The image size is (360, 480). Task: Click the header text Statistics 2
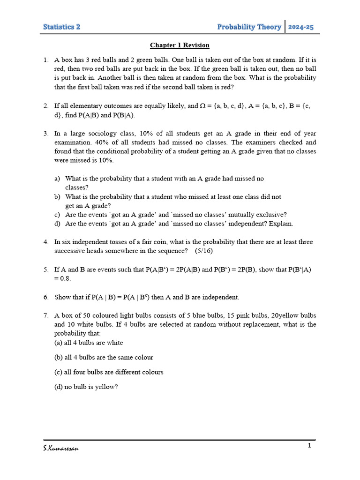point(61,27)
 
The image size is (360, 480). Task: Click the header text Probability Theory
point(249,27)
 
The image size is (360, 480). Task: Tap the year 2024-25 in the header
point(301,27)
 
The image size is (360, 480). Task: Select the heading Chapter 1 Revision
point(180,45)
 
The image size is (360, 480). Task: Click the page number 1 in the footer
point(309,445)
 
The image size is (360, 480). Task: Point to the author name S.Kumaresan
point(61,449)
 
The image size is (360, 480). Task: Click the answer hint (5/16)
point(202,251)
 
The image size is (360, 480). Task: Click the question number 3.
point(46,134)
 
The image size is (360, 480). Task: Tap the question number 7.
point(46,315)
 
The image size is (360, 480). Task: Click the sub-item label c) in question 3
point(57,215)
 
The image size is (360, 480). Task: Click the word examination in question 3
point(73,142)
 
